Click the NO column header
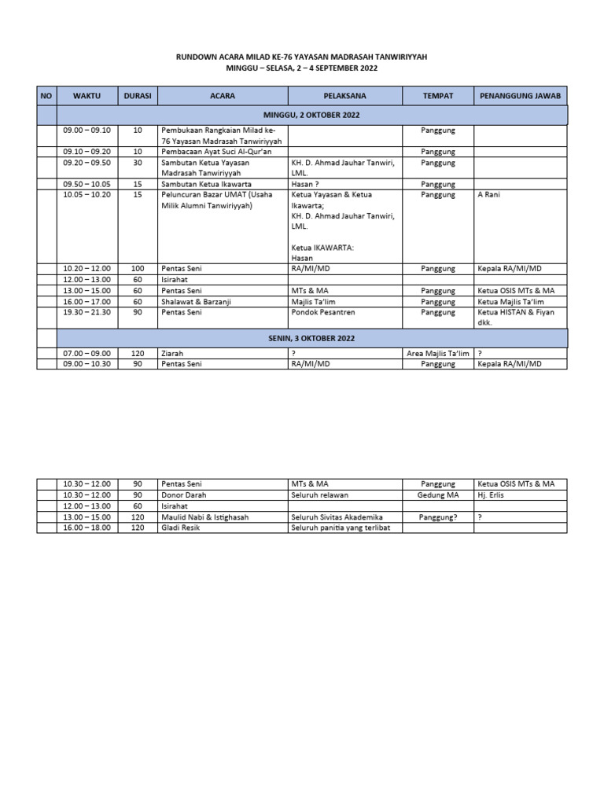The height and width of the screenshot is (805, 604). click(x=46, y=96)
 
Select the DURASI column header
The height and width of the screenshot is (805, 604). click(x=138, y=96)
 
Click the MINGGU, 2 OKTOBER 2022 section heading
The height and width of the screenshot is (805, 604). click(x=312, y=116)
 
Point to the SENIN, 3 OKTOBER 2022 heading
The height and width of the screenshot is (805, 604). click(x=312, y=338)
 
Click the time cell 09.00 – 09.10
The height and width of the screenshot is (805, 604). click(x=87, y=130)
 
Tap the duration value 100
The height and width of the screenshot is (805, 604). click(x=138, y=268)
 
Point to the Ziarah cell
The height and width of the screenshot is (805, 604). click(x=172, y=354)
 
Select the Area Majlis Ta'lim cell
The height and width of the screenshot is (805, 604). click(x=438, y=354)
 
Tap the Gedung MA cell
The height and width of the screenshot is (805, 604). click(x=438, y=495)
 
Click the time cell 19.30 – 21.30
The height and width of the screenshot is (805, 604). click(x=87, y=312)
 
